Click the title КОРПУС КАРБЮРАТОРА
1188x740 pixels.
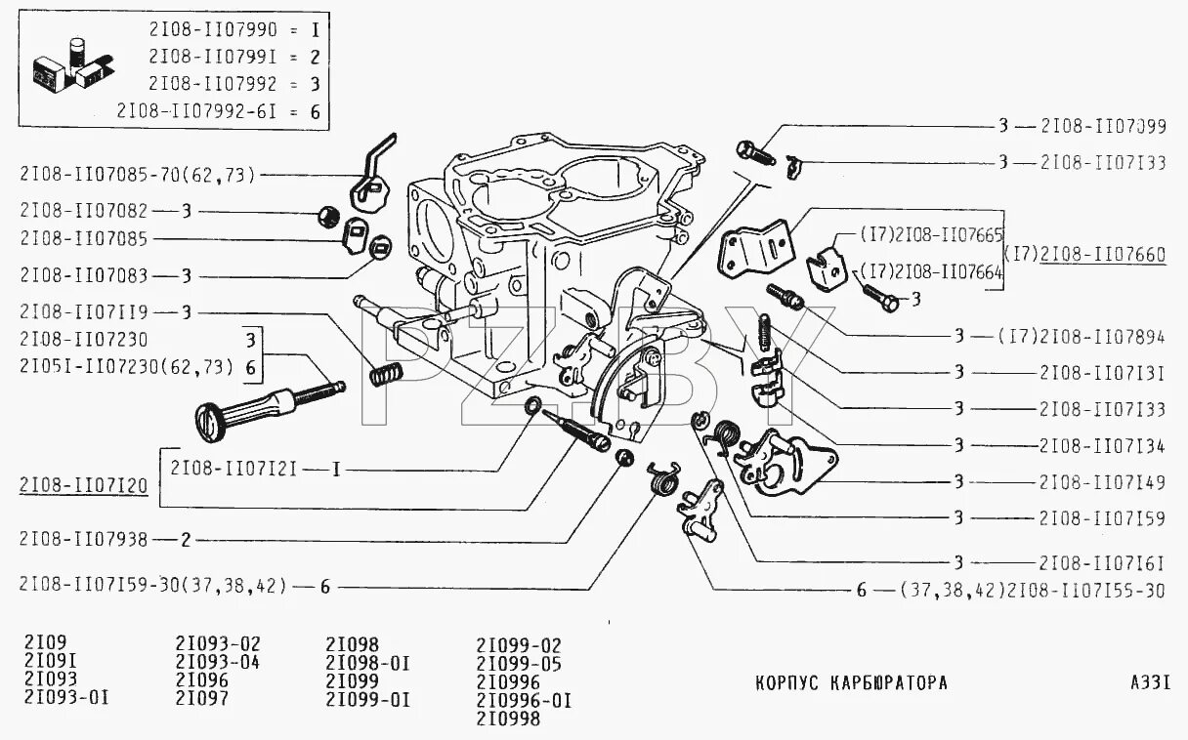pos(851,682)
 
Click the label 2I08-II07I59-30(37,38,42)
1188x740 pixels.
pos(152,586)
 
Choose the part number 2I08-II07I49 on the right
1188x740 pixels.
pos(1102,481)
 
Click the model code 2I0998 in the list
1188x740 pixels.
pos(508,719)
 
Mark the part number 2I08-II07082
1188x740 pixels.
pos(84,210)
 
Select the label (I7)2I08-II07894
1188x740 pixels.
pos(1081,336)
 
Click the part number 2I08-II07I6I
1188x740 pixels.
pos(1102,562)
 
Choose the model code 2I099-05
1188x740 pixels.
pos(519,662)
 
